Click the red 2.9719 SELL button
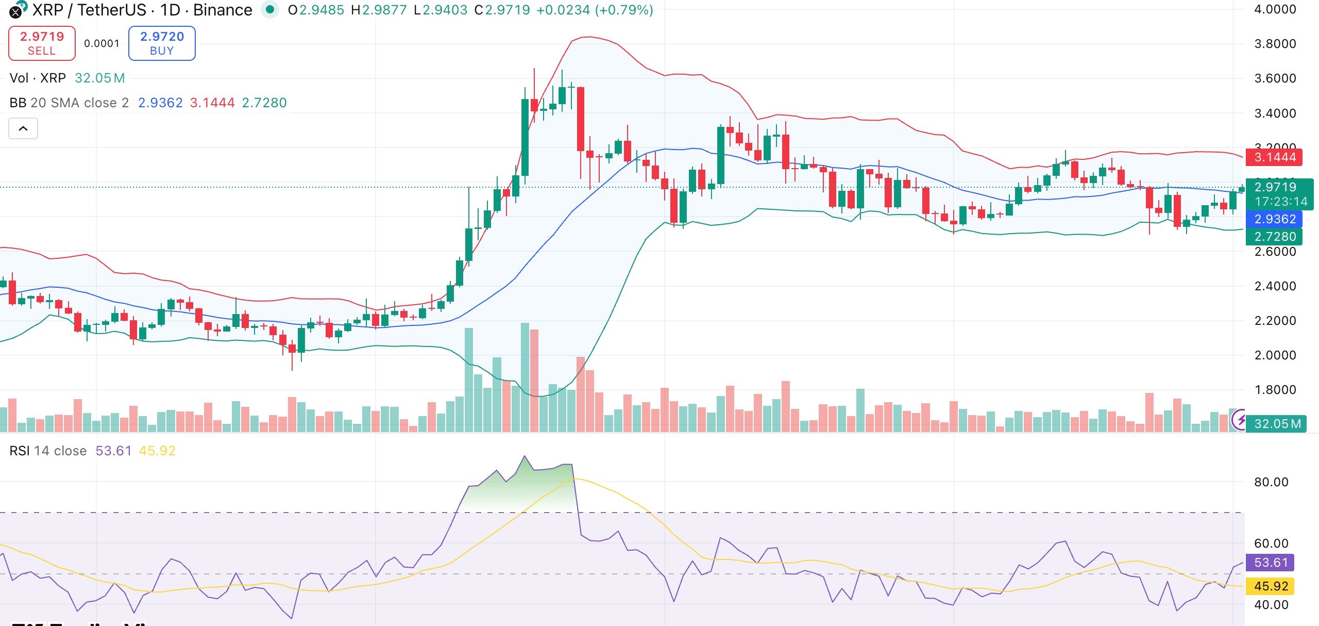[x=42, y=43]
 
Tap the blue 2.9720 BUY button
[x=162, y=43]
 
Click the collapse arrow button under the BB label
[x=23, y=128]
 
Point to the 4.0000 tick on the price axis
[x=1275, y=9]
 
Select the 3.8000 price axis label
[x=1275, y=44]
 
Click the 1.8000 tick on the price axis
[x=1275, y=390]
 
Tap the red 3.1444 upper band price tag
[x=1274, y=157]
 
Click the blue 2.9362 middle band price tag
[x=1274, y=219]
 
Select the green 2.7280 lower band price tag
[x=1274, y=237]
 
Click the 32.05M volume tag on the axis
[x=1277, y=424]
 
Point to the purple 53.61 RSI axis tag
[x=1270, y=563]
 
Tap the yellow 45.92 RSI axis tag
[x=1270, y=586]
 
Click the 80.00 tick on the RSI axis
[x=1271, y=482]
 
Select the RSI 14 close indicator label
[x=48, y=451]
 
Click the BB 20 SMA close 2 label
[x=69, y=103]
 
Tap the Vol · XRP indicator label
[x=38, y=78]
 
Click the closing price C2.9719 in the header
[x=502, y=10]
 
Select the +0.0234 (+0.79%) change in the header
[x=595, y=10]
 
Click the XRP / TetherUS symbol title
[x=91, y=10]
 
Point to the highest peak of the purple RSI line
[x=525, y=456]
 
